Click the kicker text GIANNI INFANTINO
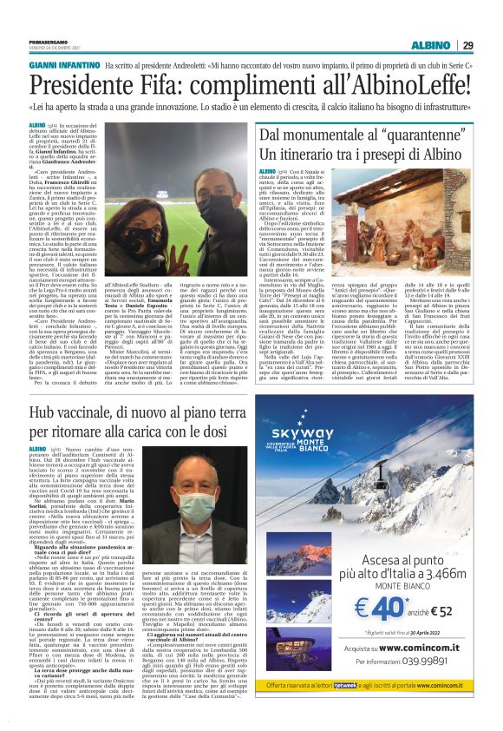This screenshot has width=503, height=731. (x=64, y=66)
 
